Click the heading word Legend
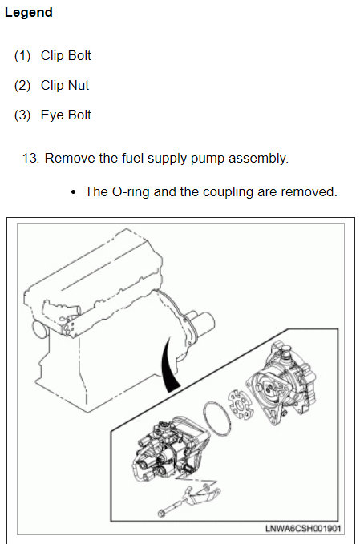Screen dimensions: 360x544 click(29, 13)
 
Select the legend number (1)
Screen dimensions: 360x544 click(22, 55)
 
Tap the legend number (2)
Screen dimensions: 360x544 click(22, 86)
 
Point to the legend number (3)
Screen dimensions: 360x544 click(22, 115)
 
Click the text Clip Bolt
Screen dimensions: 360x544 click(66, 55)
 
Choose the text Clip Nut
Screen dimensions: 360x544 click(65, 86)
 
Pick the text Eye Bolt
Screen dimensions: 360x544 click(66, 115)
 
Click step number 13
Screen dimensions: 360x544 click(30, 158)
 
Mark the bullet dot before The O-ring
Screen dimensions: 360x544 click(73, 192)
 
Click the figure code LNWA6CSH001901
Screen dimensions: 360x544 click(303, 529)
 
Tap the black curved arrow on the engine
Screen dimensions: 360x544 click(169, 365)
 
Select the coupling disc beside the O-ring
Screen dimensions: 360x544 click(241, 404)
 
